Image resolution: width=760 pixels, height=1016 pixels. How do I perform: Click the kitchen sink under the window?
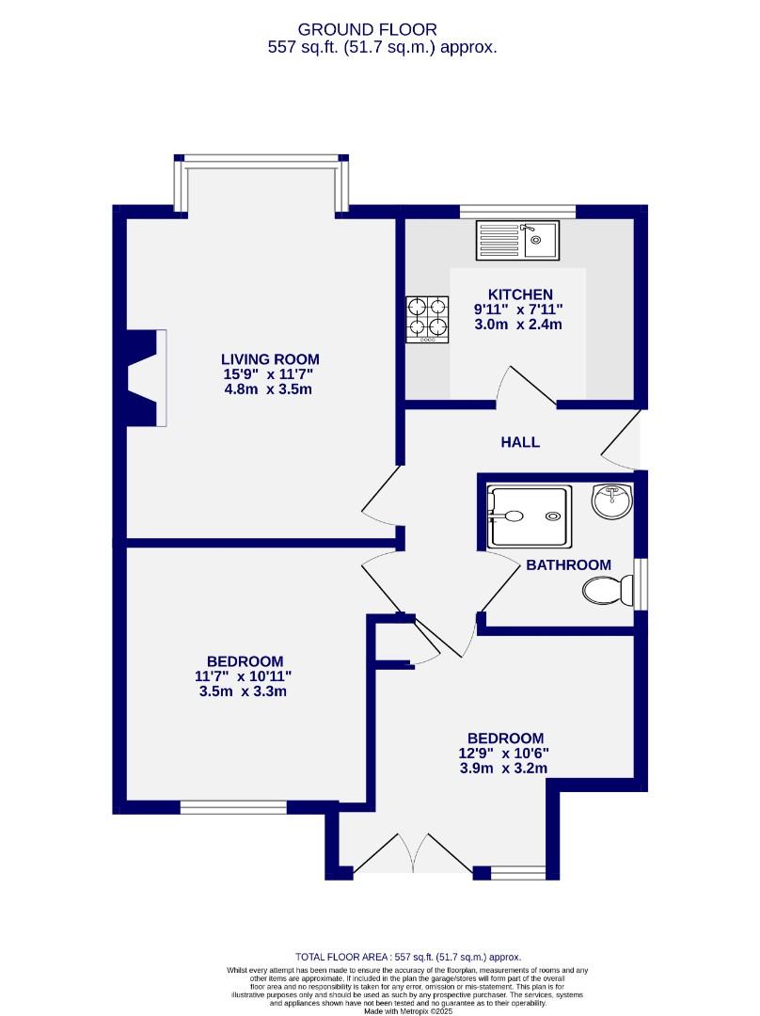click(516, 239)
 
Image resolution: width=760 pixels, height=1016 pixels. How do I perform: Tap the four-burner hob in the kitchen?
click(426, 318)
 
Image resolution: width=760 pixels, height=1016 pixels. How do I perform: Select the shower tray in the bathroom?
click(527, 516)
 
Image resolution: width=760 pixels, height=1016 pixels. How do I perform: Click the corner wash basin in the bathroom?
click(611, 499)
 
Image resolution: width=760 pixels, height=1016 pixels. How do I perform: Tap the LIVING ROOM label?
click(270, 358)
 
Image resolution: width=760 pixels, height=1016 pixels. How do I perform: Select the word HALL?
click(519, 441)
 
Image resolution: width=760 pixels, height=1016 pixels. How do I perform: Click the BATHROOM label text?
click(568, 564)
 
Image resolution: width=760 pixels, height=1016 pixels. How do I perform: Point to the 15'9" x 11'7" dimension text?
click(270, 374)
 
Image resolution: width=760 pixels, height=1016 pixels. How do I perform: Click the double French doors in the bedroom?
click(414, 854)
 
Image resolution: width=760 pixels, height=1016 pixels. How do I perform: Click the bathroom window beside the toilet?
click(640, 584)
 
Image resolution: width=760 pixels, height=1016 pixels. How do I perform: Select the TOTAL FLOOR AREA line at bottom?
click(407, 955)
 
